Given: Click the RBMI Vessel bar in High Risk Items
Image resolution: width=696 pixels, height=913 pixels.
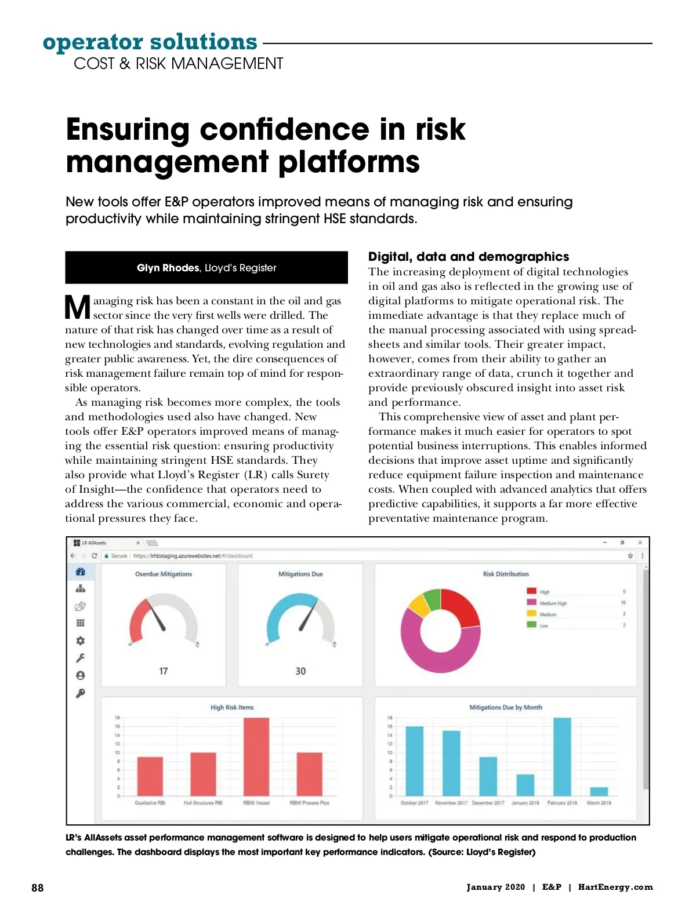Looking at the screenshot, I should coord(256,756).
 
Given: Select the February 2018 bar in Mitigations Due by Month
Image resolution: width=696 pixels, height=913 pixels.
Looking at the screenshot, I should coord(562,756).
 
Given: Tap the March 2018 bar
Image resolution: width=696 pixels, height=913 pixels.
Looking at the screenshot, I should coord(599,791).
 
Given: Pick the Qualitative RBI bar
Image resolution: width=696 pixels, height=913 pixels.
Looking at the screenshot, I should coord(150,776).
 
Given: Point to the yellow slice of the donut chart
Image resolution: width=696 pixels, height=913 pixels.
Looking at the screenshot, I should coord(419,606).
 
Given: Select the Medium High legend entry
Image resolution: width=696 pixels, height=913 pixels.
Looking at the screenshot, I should coord(553,603).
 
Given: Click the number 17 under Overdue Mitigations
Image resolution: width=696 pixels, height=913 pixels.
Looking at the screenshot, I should coord(164,671).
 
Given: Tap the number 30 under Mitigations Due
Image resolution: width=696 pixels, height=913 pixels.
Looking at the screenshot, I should coord(300,671).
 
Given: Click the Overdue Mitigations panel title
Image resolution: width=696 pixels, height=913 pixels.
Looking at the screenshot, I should coord(164,574).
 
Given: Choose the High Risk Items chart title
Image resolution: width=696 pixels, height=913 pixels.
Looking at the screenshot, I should coord(232,707).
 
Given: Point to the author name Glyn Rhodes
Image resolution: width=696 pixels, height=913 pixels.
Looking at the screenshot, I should coord(168,268).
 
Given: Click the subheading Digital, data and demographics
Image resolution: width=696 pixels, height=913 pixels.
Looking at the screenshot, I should coord(469,257).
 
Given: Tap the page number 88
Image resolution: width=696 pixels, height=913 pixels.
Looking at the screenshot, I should coord(38,887).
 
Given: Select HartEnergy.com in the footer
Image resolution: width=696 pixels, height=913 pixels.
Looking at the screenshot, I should coord(615,887).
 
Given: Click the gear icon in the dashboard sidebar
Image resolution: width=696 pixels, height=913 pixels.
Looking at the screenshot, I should coord(81,641).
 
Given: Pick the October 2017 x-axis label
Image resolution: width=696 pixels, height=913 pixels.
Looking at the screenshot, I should coord(414,803).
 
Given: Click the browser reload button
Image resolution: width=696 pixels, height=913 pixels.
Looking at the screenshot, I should coord(94,556).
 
